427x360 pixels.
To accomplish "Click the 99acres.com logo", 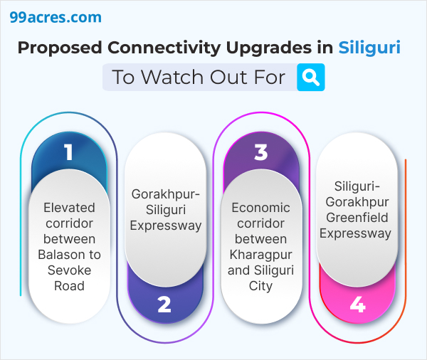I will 56,17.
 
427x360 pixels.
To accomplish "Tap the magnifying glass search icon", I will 311,77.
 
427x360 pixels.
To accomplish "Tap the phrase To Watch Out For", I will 199,77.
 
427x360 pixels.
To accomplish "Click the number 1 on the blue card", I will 68,152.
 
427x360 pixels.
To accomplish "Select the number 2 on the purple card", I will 164,305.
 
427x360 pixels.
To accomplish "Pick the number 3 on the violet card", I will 260,152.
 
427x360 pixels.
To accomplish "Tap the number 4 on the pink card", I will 357,305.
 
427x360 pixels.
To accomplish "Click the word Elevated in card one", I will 69,208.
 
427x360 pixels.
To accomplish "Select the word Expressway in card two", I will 164,226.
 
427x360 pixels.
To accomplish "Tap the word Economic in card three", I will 261,208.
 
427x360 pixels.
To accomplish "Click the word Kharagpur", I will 261,255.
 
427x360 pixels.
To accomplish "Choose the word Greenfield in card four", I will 357,217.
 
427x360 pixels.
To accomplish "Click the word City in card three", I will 261,286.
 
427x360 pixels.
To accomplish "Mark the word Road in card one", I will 69,286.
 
